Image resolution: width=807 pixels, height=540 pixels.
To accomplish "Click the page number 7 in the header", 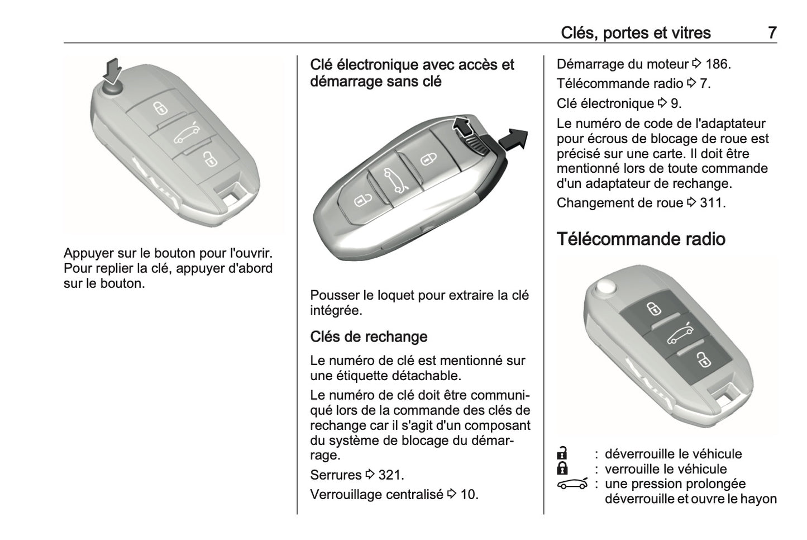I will [771, 32].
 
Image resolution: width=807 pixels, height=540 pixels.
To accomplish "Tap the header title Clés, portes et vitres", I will [636, 32].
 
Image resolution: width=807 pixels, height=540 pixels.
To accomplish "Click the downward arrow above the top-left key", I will [113, 70].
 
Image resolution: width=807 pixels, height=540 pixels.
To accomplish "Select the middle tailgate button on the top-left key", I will [186, 135].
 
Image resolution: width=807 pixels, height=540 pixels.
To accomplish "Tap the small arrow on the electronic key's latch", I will [461, 127].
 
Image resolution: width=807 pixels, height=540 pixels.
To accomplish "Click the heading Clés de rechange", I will [369, 337].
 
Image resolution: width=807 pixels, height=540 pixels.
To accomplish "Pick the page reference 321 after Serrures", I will [390, 475].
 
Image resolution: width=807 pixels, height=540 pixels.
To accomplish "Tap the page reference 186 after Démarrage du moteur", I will [718, 64].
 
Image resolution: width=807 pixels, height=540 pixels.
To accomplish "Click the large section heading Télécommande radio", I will [641, 239].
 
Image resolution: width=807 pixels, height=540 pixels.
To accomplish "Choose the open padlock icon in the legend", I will [562, 453].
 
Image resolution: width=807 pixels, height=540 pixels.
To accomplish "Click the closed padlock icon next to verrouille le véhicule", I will [562, 468].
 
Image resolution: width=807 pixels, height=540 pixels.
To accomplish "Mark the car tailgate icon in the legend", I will [572, 484].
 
